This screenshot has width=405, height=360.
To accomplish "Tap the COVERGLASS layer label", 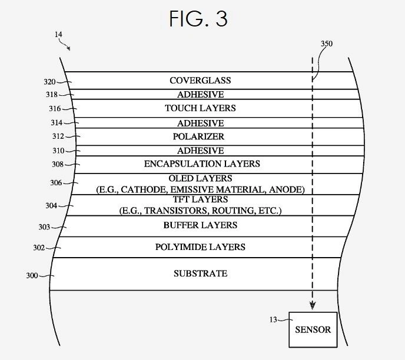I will [x=200, y=80].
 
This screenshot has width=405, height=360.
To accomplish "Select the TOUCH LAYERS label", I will [x=200, y=108].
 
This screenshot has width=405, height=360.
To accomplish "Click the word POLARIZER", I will [x=200, y=136].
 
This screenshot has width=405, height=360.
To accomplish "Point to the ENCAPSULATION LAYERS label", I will [x=202, y=164].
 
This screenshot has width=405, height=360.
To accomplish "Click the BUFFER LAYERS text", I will [x=200, y=225].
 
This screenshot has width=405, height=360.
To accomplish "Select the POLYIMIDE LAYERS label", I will [x=200, y=247].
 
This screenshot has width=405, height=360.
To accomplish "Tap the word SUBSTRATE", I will [x=200, y=274].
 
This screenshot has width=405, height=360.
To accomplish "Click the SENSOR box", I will [x=313, y=329].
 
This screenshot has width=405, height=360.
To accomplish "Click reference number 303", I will [x=45, y=226].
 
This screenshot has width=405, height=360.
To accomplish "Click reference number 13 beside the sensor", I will [x=274, y=319].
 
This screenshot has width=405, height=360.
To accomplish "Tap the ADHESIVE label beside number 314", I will [x=200, y=123].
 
